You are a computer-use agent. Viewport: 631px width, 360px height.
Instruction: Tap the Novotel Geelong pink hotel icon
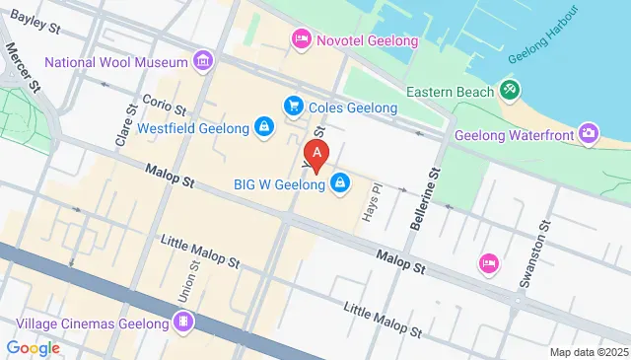302,39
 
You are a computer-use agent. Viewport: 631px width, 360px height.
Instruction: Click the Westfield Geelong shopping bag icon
263,127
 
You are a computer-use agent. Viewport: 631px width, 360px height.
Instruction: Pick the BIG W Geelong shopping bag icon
340,182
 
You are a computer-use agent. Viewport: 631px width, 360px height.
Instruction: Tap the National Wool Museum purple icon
203,62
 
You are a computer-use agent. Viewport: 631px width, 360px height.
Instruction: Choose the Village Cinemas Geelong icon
183,321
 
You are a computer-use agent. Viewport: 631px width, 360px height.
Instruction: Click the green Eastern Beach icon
510,91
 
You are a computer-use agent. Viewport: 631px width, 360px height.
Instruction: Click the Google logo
34,347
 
